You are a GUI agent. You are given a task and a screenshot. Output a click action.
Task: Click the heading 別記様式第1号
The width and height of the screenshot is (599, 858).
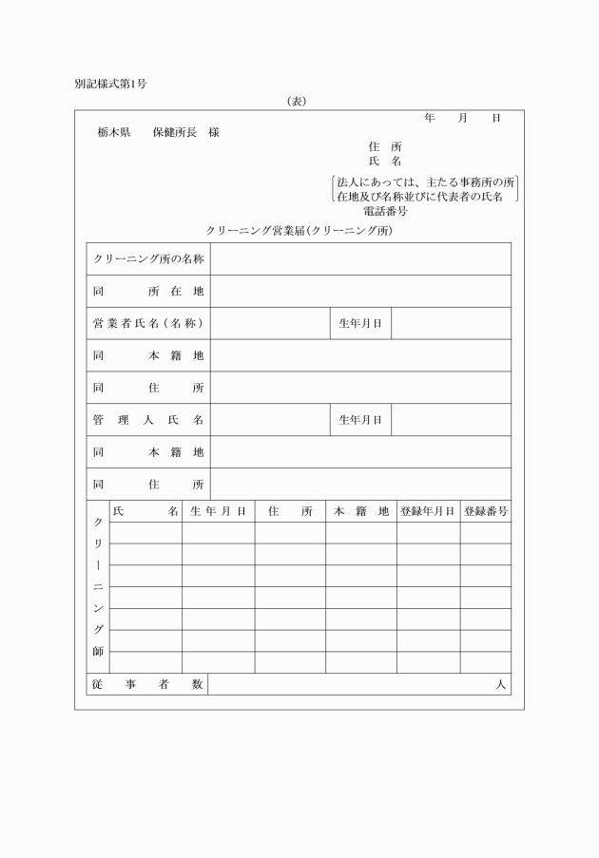110,84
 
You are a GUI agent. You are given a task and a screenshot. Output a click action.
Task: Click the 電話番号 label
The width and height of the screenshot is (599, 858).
385,211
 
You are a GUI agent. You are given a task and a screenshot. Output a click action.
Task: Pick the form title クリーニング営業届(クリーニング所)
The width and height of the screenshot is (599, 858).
299,231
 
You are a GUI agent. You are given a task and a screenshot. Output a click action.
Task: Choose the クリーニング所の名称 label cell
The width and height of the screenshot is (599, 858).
147,258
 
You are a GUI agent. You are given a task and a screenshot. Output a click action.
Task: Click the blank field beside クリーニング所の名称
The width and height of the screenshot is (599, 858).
360,258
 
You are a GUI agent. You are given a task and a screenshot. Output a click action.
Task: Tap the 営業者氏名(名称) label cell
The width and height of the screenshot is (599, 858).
147,323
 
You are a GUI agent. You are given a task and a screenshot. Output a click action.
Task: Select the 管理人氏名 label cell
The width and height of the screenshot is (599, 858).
147,419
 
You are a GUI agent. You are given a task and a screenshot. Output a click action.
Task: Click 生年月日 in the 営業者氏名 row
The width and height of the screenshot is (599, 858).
360,323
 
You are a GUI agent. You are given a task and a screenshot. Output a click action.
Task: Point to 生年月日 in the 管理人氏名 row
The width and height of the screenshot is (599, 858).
360,419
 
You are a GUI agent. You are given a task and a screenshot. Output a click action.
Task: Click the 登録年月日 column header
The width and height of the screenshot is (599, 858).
428,511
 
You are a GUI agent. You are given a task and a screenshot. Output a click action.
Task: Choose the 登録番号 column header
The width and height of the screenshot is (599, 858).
485,511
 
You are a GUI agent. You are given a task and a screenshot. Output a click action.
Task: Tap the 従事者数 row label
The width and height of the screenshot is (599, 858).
147,684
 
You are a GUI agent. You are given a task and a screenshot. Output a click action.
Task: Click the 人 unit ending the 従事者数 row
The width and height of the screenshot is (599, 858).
501,684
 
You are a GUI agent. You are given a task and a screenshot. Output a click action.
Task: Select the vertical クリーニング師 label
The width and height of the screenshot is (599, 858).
98,587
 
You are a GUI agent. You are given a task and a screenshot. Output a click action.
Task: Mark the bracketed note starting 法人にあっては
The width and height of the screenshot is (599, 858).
425,189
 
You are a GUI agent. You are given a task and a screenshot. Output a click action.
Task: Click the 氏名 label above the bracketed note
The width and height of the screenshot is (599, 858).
384,162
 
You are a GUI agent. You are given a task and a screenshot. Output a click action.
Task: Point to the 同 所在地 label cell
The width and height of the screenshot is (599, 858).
147,291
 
